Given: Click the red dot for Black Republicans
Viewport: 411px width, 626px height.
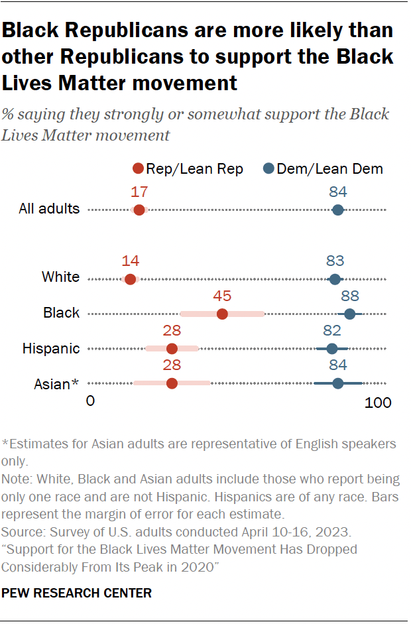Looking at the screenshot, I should pyautogui.click(x=222, y=314).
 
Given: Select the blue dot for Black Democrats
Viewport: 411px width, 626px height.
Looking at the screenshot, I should pyautogui.click(x=349, y=314).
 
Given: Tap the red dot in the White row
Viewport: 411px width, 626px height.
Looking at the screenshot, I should pyautogui.click(x=130, y=279).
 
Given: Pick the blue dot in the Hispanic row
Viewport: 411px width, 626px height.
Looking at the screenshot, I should pyautogui.click(x=332, y=349).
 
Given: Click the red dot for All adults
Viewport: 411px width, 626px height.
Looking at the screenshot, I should pyautogui.click(x=139, y=210).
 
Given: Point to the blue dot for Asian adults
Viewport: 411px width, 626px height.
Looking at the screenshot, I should pyautogui.click(x=337, y=383).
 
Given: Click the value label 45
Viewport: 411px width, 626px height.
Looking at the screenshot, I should pyautogui.click(x=222, y=296).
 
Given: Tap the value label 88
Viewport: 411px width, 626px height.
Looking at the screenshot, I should pyautogui.click(x=349, y=296).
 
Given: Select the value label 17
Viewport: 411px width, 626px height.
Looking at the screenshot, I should pyautogui.click(x=139, y=192).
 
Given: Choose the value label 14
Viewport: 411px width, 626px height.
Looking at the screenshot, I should pyautogui.click(x=130, y=261).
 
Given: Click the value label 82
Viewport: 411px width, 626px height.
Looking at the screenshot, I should pyautogui.click(x=332, y=331).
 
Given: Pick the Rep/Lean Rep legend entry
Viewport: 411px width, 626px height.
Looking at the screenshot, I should pyautogui.click(x=188, y=169).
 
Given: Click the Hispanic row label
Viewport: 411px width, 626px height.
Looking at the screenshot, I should pyautogui.click(x=51, y=348).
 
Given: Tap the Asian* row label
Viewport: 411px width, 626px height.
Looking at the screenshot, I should pyautogui.click(x=56, y=383).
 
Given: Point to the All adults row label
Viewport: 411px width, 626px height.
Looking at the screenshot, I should pyautogui.click(x=49, y=209).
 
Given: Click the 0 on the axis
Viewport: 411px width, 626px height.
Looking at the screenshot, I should pyautogui.click(x=91, y=402).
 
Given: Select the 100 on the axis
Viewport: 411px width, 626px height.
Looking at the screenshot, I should pyautogui.click(x=378, y=402).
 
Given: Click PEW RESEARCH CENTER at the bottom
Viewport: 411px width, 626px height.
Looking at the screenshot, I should pyautogui.click(x=77, y=593).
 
